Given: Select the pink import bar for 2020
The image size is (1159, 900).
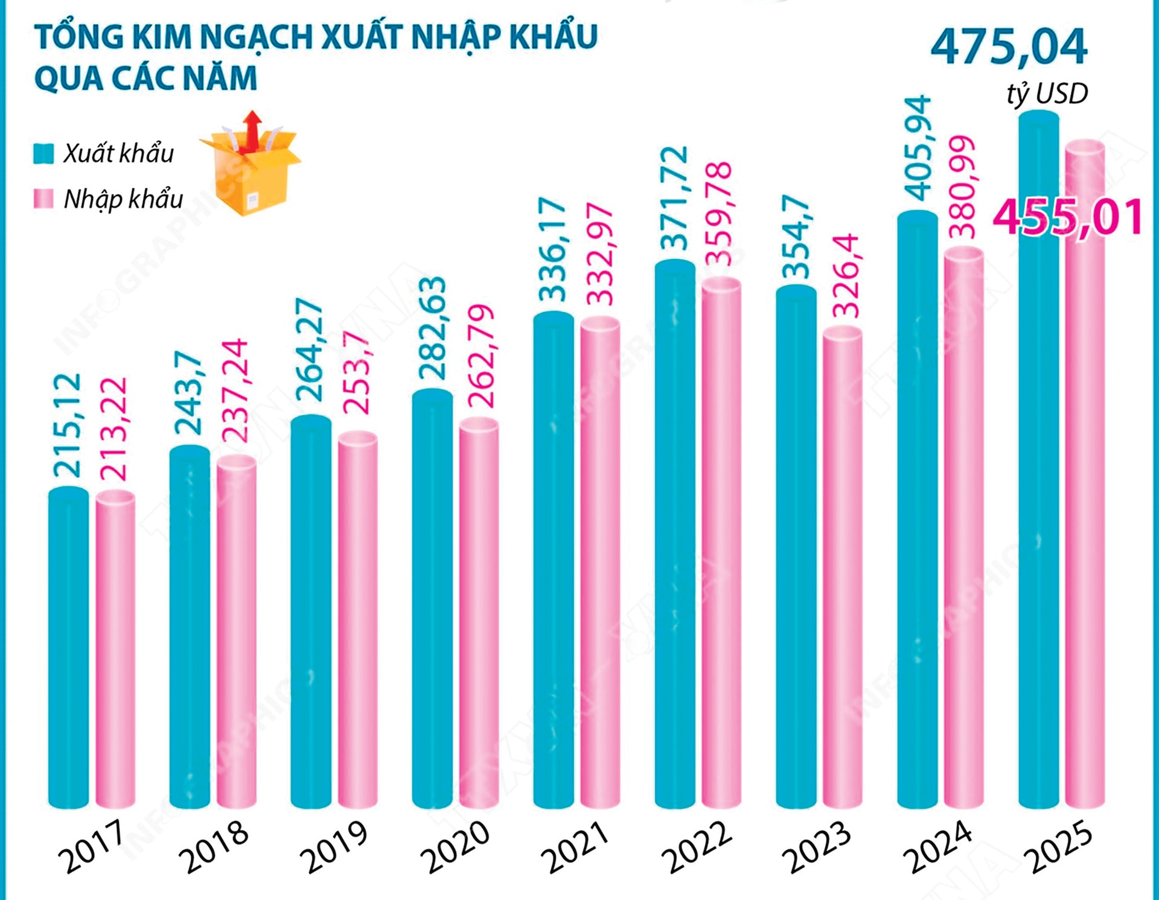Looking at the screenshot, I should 479,613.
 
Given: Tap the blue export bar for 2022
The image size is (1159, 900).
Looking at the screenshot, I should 675,534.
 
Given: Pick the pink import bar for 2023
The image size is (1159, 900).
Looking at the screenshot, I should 843,567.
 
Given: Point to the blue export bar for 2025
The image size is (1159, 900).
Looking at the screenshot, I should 1038,459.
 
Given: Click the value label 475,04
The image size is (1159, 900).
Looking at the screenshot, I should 1009,47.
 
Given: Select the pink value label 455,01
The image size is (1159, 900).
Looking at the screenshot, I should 1068,217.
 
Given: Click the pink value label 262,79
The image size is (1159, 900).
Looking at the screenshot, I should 481,356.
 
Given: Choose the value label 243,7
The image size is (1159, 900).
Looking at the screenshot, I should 188,392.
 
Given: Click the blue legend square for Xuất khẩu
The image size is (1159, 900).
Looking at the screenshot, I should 43,153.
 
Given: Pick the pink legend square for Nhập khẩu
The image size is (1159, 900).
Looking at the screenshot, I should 43,199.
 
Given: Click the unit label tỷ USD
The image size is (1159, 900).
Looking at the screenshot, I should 1047,94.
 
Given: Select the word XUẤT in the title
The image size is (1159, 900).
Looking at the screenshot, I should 362,37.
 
